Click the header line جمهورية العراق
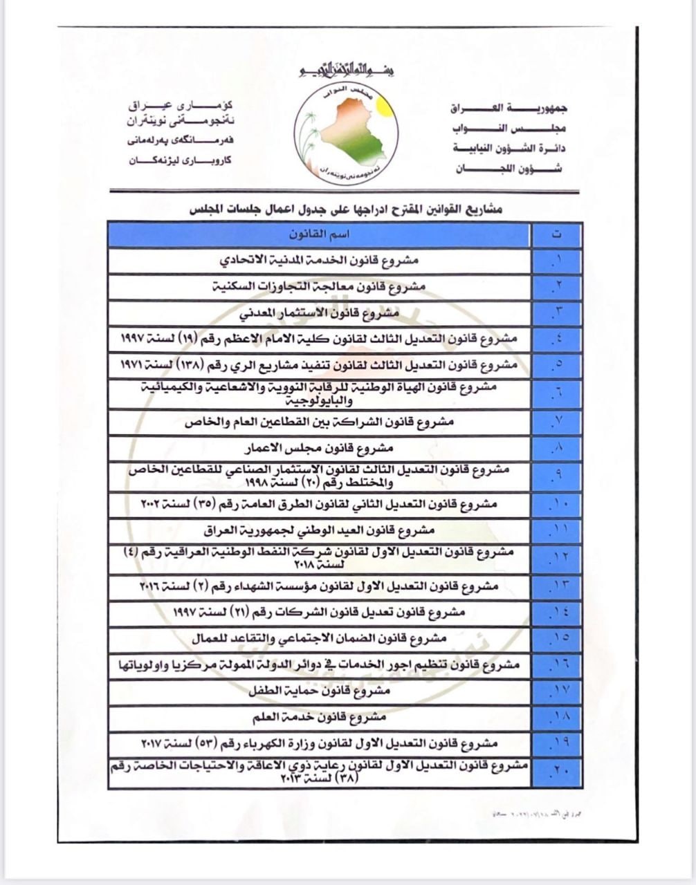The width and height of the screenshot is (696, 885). pos(509,109)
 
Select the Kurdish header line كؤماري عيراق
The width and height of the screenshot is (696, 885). pos(181,106)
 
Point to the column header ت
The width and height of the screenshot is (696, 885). pos(557,235)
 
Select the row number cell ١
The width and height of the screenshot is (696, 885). pos(557,261)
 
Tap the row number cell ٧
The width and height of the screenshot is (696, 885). pos(557,422)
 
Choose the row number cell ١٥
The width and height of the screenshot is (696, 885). pos(557,637)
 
